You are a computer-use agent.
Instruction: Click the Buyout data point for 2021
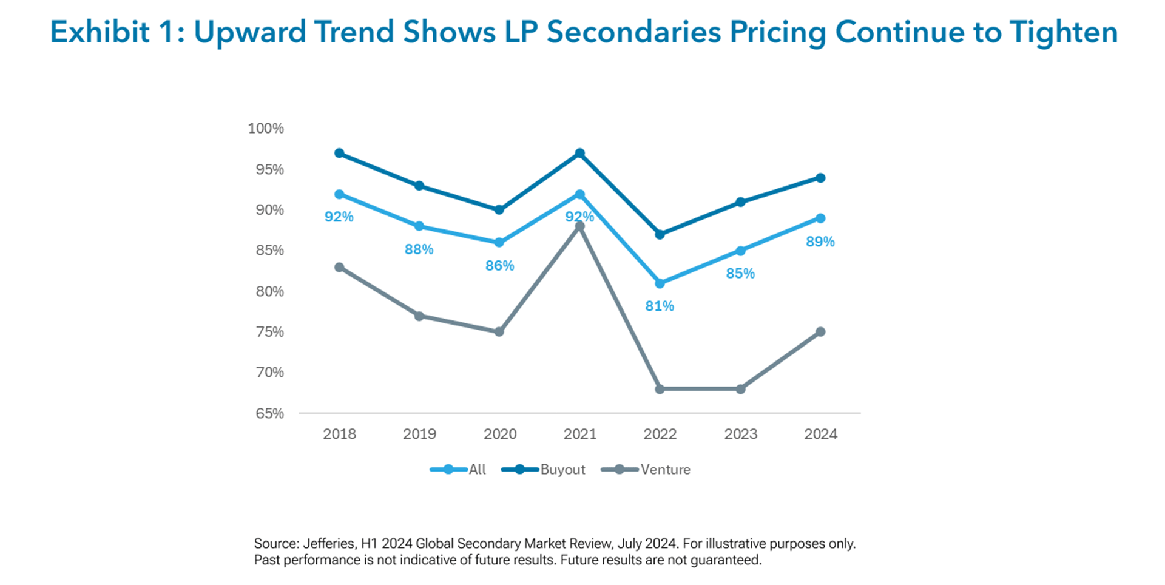(x=579, y=154)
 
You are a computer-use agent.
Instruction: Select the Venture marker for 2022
(x=660, y=389)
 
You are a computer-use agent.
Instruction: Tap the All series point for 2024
(x=820, y=218)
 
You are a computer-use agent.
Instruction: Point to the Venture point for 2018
(x=339, y=268)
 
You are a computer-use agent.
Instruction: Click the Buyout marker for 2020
(x=499, y=210)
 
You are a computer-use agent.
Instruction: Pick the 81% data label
(x=660, y=306)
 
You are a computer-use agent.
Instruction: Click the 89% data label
(x=820, y=242)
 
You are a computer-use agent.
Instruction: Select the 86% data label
(x=499, y=266)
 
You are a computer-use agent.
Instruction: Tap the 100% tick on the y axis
(x=266, y=129)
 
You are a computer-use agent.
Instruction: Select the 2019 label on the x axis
(x=419, y=434)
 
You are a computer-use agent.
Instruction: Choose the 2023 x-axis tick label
(x=740, y=434)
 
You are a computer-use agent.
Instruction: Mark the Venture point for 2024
(x=820, y=332)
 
